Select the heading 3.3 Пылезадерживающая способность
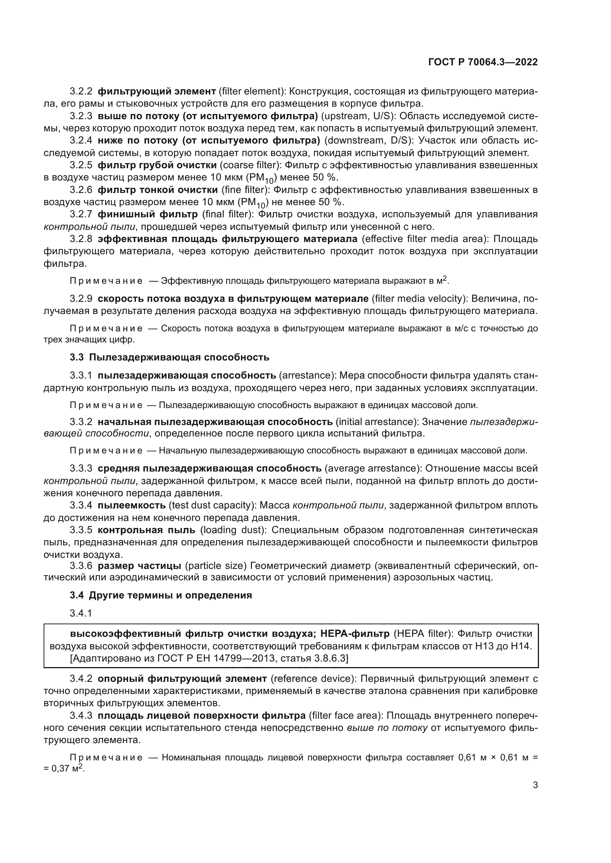tap(169, 357)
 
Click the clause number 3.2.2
tap(81, 92)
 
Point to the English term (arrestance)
tap(307, 376)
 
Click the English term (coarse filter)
tap(250, 165)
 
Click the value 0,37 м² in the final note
tap(65, 769)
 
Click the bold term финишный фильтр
tap(147, 214)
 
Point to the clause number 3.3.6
tap(81, 566)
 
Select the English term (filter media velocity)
tap(419, 299)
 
